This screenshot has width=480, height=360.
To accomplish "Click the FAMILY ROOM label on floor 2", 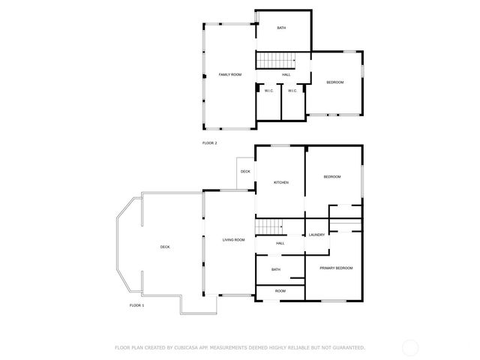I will pyautogui.click(x=229, y=75).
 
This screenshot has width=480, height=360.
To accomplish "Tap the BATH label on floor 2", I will pyautogui.click(x=281, y=28).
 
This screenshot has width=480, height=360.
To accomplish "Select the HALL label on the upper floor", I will pyautogui.click(x=286, y=75).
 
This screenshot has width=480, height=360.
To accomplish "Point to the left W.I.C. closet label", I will pyautogui.click(x=268, y=91).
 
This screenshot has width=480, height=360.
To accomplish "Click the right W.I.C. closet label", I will pyautogui.click(x=292, y=91).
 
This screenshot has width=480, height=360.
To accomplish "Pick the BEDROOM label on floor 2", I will pyautogui.click(x=334, y=82).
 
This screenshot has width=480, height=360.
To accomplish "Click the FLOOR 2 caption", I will pyautogui.click(x=210, y=142).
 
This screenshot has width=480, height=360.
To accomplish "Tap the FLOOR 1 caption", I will pyautogui.click(x=136, y=306).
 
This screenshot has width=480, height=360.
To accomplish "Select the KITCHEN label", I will pyautogui.click(x=280, y=182).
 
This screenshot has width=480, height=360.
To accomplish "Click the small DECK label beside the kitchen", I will pyautogui.click(x=245, y=172).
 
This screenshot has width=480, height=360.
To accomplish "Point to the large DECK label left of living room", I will pyautogui.click(x=165, y=247).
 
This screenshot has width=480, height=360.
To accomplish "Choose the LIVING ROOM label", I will pyautogui.click(x=233, y=240).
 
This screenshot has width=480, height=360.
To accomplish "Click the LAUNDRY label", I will pyautogui.click(x=317, y=235).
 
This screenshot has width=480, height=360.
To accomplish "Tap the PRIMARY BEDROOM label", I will pyautogui.click(x=336, y=268).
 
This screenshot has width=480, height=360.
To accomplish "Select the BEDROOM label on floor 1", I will pyautogui.click(x=331, y=176).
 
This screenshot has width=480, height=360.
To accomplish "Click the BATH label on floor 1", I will pyautogui.click(x=276, y=270).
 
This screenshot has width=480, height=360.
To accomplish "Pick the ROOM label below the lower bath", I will pyautogui.click(x=280, y=291).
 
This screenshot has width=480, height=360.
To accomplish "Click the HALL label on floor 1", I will pyautogui.click(x=280, y=243).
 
